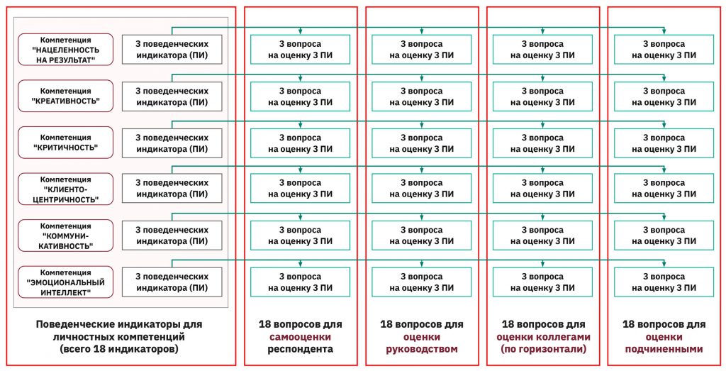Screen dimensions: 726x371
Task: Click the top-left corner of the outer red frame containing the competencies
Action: pyautogui.click(x=6, y=6)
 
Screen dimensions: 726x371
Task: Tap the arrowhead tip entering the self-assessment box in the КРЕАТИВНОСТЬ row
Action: pyautogui.click(x=301, y=81)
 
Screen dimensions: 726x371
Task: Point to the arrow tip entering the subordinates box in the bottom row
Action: pyautogui.click(x=664, y=267)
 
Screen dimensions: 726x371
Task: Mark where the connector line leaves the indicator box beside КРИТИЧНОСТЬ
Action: pyautogui.click(x=172, y=128)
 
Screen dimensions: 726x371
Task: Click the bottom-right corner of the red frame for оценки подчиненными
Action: pyautogui.click(x=720, y=365)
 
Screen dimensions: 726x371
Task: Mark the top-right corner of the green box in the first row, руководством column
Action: pyautogui.click(x=471, y=35)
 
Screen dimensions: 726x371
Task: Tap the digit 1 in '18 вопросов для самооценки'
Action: pyautogui.click(x=262, y=324)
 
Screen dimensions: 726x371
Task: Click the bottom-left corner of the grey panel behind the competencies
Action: pyautogui.click(x=13, y=307)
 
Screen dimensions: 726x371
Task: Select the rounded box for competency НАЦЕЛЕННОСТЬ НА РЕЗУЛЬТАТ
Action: pyautogui.click(x=65, y=50)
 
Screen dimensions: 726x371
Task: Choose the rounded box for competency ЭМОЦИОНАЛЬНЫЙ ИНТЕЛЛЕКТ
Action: pyautogui.click(x=65, y=282)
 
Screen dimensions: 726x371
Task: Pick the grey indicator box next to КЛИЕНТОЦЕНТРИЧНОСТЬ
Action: pyautogui.click(x=172, y=189)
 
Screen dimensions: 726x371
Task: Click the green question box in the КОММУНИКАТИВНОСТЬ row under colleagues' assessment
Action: pyautogui.click(x=542, y=236)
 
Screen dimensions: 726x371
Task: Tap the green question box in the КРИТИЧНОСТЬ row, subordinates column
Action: pyautogui.click(x=664, y=143)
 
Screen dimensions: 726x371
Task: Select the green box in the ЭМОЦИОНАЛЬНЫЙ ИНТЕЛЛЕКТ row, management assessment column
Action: pyautogui.click(x=421, y=282)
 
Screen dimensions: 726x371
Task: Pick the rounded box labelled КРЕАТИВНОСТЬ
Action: pyautogui.click(x=65, y=96)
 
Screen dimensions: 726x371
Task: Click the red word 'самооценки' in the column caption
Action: pyautogui.click(x=301, y=337)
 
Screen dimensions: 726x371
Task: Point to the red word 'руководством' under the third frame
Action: pyautogui.click(x=422, y=349)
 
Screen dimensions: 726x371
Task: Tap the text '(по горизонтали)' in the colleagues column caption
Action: pyautogui.click(x=542, y=349)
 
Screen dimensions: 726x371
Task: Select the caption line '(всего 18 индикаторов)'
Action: pyautogui.click(x=119, y=349)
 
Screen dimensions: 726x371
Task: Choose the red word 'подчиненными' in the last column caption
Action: pyautogui.click(x=664, y=349)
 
